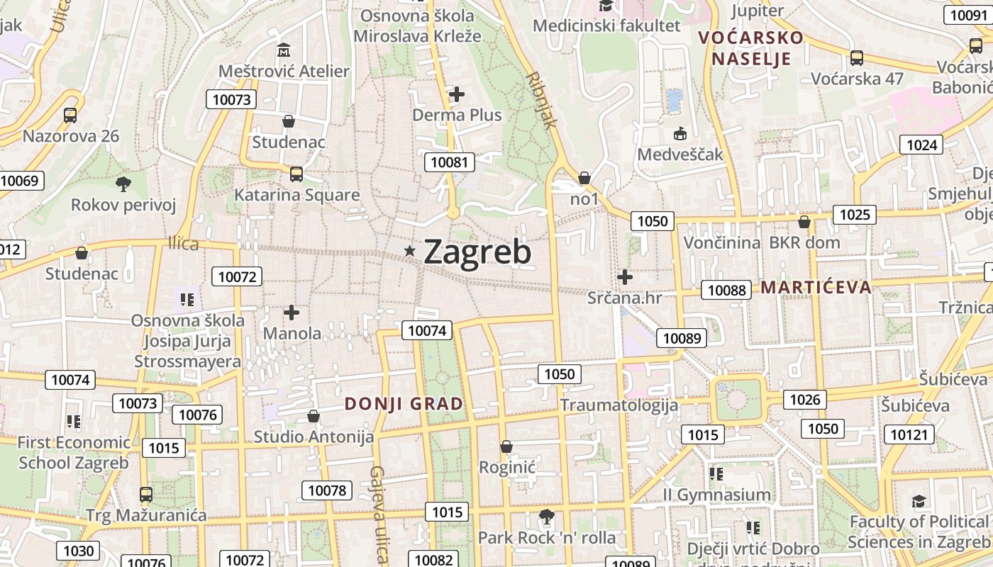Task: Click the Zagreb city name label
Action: pos(477,252)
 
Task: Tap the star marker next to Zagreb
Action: pos(409,251)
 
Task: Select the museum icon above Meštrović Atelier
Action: pos(284,50)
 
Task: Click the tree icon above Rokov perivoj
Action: pos(123,184)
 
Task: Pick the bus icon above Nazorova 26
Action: pos(70,115)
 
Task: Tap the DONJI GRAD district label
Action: pos(404,404)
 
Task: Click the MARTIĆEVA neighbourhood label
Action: pos(816,287)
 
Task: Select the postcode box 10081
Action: pos(450,162)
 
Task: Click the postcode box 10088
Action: pos(727,290)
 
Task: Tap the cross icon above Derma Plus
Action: pos(457,94)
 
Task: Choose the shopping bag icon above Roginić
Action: pos(506,447)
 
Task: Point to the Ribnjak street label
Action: pos(542,99)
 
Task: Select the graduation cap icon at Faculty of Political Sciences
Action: pos(919,501)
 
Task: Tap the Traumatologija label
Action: pos(619,405)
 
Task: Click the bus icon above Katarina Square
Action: pos(296,174)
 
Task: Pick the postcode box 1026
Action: pos(805,400)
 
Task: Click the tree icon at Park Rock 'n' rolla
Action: pos(546,516)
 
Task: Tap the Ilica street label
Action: pos(184,244)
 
